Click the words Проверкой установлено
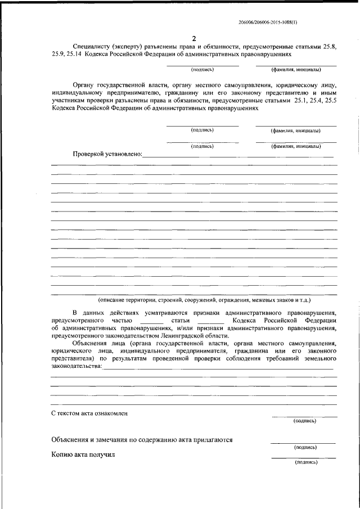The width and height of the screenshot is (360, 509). (107, 154)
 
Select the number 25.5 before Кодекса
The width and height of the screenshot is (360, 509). (331, 102)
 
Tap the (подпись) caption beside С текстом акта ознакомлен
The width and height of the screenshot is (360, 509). (304, 421)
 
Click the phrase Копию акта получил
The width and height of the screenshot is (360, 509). (82, 454)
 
